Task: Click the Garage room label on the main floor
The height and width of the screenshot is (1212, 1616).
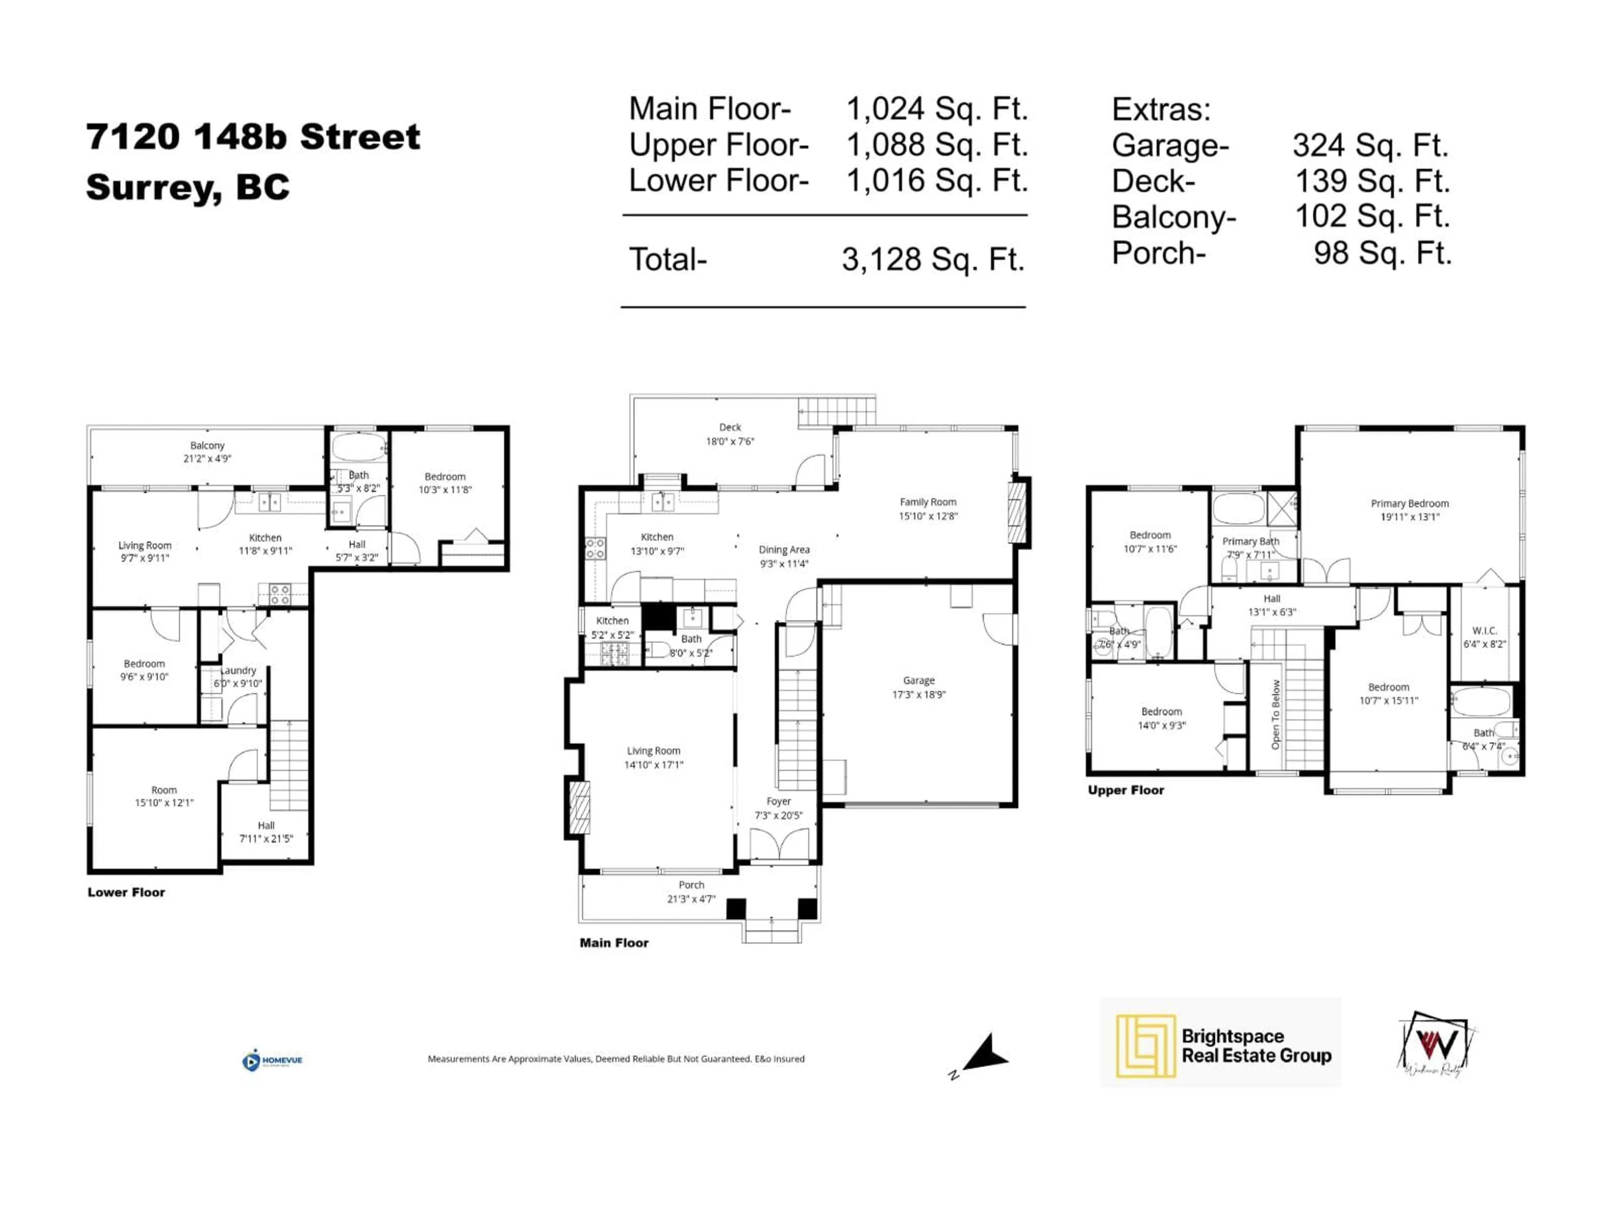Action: (x=918, y=687)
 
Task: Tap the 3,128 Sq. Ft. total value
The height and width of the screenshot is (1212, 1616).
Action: (x=933, y=259)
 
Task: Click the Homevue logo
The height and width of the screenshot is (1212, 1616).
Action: (x=272, y=1060)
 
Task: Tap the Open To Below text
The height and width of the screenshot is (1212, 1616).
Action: (x=1276, y=715)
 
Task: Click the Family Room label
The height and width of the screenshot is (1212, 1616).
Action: (x=928, y=508)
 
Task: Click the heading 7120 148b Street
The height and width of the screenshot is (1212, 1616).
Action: (x=253, y=137)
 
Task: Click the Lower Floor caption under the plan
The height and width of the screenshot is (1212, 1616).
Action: (x=126, y=892)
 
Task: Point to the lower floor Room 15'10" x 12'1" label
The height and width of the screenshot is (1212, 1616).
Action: (x=164, y=795)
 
